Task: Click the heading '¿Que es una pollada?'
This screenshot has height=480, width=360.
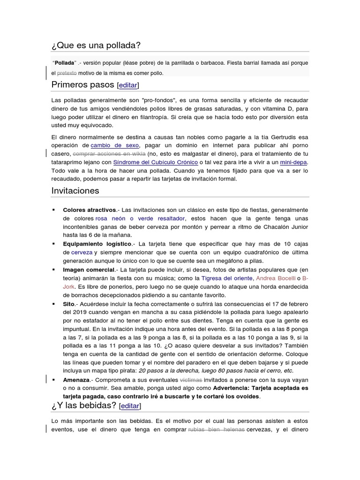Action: (x=96, y=45)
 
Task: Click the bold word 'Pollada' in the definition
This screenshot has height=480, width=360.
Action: (x=65, y=63)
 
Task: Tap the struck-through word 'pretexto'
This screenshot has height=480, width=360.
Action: (x=67, y=73)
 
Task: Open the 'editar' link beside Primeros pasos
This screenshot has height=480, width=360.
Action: (x=127, y=85)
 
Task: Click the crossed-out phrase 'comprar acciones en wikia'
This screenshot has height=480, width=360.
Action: (x=109, y=154)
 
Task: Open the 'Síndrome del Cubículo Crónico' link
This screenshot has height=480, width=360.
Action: (x=155, y=162)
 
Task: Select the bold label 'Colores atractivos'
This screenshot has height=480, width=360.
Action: (x=89, y=210)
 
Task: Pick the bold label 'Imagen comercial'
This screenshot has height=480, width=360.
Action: (x=89, y=270)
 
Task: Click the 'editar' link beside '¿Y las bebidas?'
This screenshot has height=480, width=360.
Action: (x=129, y=405)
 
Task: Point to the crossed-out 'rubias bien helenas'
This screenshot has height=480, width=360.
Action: (x=216, y=429)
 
